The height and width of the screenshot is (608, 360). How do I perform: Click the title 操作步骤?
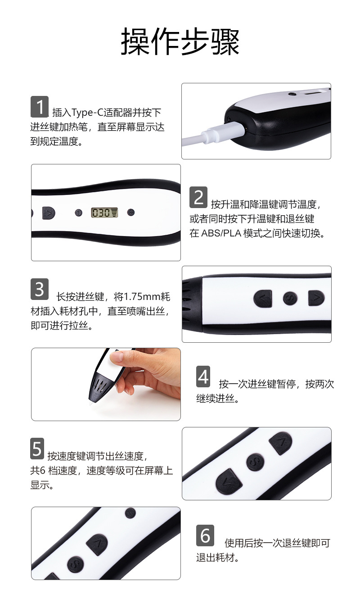[x=180, y=42]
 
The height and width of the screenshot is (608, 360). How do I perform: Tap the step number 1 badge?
[x=39, y=107]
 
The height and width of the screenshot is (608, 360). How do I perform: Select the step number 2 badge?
[x=198, y=198]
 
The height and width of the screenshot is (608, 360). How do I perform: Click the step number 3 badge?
[x=39, y=289]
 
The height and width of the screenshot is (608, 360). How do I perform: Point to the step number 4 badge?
[x=203, y=377]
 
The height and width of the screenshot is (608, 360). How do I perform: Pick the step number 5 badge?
[x=37, y=449]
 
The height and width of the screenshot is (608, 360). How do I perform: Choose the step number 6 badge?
[x=205, y=535]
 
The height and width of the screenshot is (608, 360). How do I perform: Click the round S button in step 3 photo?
[x=290, y=298]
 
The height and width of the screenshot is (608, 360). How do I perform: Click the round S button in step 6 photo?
[x=76, y=564]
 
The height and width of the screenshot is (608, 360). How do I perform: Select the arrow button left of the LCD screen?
[x=49, y=213]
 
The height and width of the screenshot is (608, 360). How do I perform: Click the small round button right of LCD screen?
[x=131, y=212]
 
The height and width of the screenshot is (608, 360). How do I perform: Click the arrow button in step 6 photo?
[x=97, y=544]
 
